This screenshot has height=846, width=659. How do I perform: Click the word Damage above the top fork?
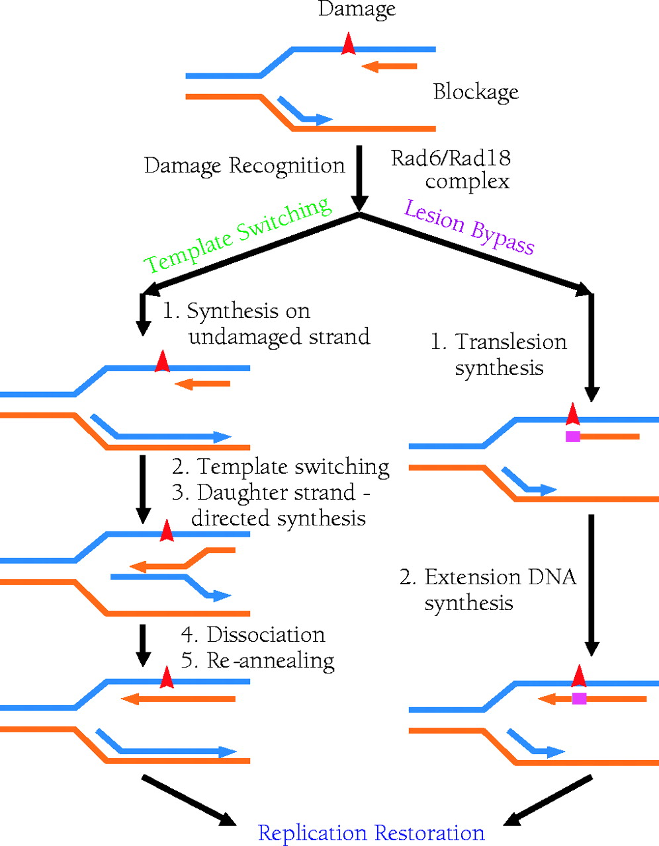[x=357, y=9]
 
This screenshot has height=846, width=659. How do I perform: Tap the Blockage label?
[x=476, y=92]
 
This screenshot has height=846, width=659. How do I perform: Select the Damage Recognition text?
[x=244, y=165]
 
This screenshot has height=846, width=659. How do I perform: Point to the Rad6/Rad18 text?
[x=451, y=158]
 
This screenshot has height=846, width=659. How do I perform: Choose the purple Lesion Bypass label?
[x=469, y=227]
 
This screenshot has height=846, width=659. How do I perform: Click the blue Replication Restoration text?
[x=371, y=833]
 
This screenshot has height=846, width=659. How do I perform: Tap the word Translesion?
[x=511, y=342]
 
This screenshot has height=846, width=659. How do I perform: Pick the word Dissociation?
[x=266, y=634]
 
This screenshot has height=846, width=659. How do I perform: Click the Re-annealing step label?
[x=270, y=660]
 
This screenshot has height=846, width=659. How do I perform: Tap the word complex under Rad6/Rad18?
[x=467, y=181]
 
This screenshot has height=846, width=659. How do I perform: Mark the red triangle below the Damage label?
[x=348, y=44]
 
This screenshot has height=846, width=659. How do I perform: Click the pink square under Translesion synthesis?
[x=573, y=436]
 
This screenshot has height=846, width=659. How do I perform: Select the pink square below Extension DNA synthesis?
[x=579, y=698]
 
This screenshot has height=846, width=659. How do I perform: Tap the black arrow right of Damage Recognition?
[x=359, y=177]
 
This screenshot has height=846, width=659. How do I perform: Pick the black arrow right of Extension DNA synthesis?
[x=592, y=584]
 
